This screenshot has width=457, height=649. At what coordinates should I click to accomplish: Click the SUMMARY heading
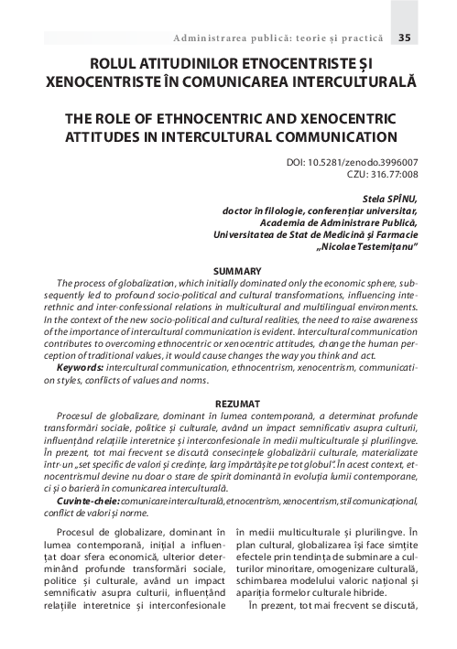(x=237, y=271)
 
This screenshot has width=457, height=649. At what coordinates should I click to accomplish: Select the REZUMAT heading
(x=237, y=403)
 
